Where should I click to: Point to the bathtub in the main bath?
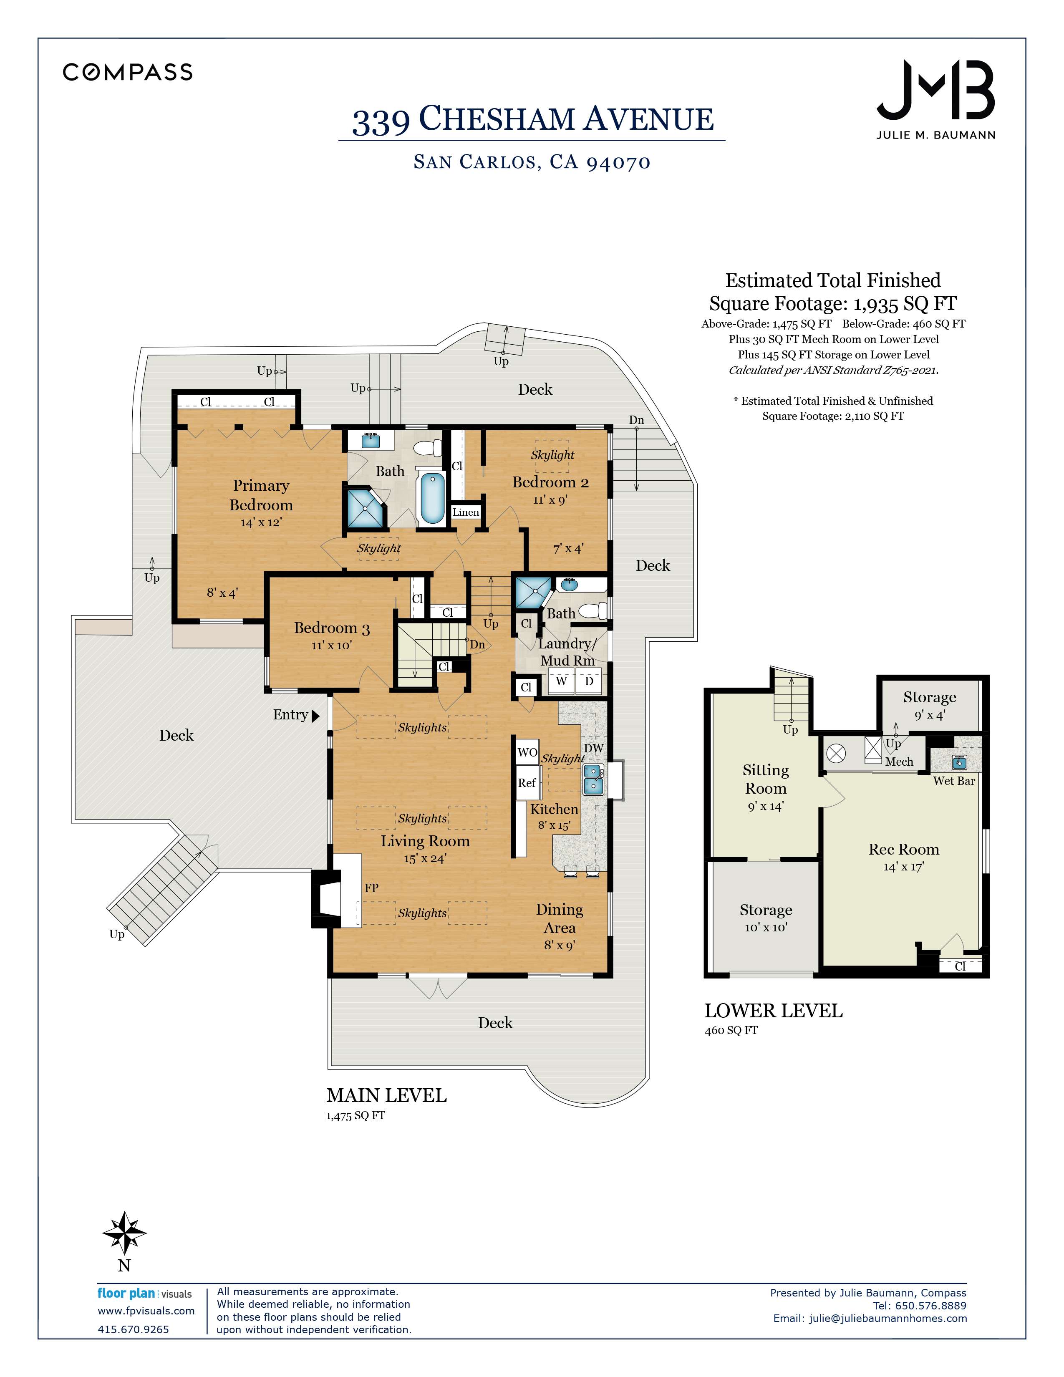(432, 498)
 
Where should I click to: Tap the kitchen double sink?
(593, 779)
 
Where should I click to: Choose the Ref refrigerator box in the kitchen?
(527, 782)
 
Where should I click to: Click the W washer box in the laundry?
(561, 681)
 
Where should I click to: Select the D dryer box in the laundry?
(589, 681)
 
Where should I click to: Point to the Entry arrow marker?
(316, 716)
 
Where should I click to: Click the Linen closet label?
(466, 512)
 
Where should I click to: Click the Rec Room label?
(904, 849)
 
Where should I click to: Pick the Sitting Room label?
(766, 779)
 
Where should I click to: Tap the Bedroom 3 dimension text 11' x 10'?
(332, 646)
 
